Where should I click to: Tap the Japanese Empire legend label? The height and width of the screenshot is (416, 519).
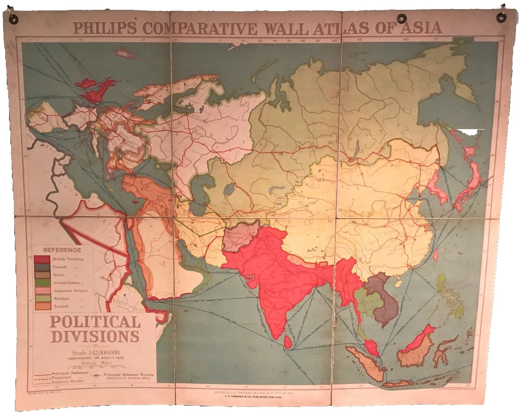click(x=70, y=291)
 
